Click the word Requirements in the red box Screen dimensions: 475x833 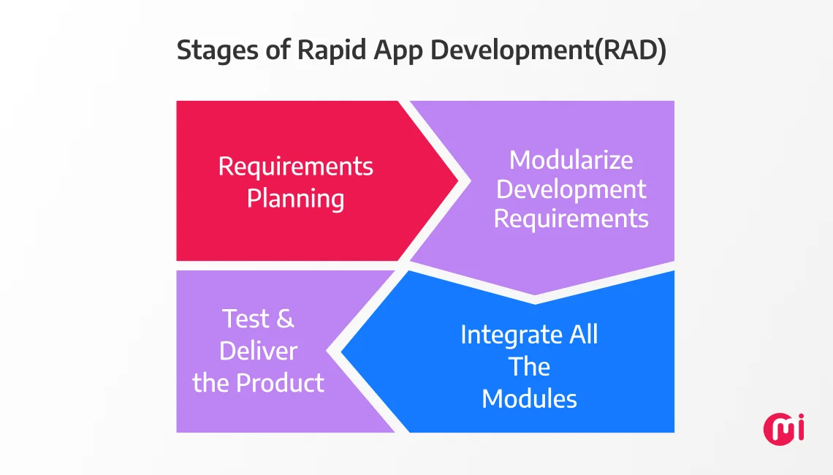tap(295, 167)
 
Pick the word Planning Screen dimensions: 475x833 tap(295, 199)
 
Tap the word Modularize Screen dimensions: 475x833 tap(571, 160)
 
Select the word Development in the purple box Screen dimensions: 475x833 tap(571, 189)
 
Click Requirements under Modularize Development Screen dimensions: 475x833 tap(571, 218)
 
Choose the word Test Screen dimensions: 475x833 tap(246, 319)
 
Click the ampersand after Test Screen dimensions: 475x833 tap(286, 319)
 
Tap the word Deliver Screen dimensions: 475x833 tap(258, 351)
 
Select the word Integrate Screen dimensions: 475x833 tap(503, 335)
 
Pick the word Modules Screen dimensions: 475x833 tap(529, 399)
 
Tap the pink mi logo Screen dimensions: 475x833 tap(783, 428)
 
